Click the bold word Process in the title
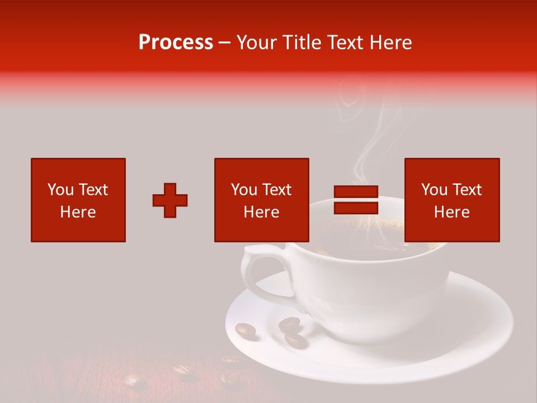(x=176, y=43)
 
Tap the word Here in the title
(x=390, y=43)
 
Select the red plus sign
(x=170, y=200)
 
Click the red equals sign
(x=356, y=200)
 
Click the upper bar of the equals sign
(x=356, y=192)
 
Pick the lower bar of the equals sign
(x=356, y=208)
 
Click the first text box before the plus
(x=78, y=200)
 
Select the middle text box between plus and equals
(x=261, y=200)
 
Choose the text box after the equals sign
(x=451, y=200)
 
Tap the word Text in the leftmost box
(x=93, y=190)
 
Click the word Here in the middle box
(x=261, y=212)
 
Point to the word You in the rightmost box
(x=434, y=190)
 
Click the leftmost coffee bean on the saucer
(x=246, y=331)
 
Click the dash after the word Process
(x=224, y=43)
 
